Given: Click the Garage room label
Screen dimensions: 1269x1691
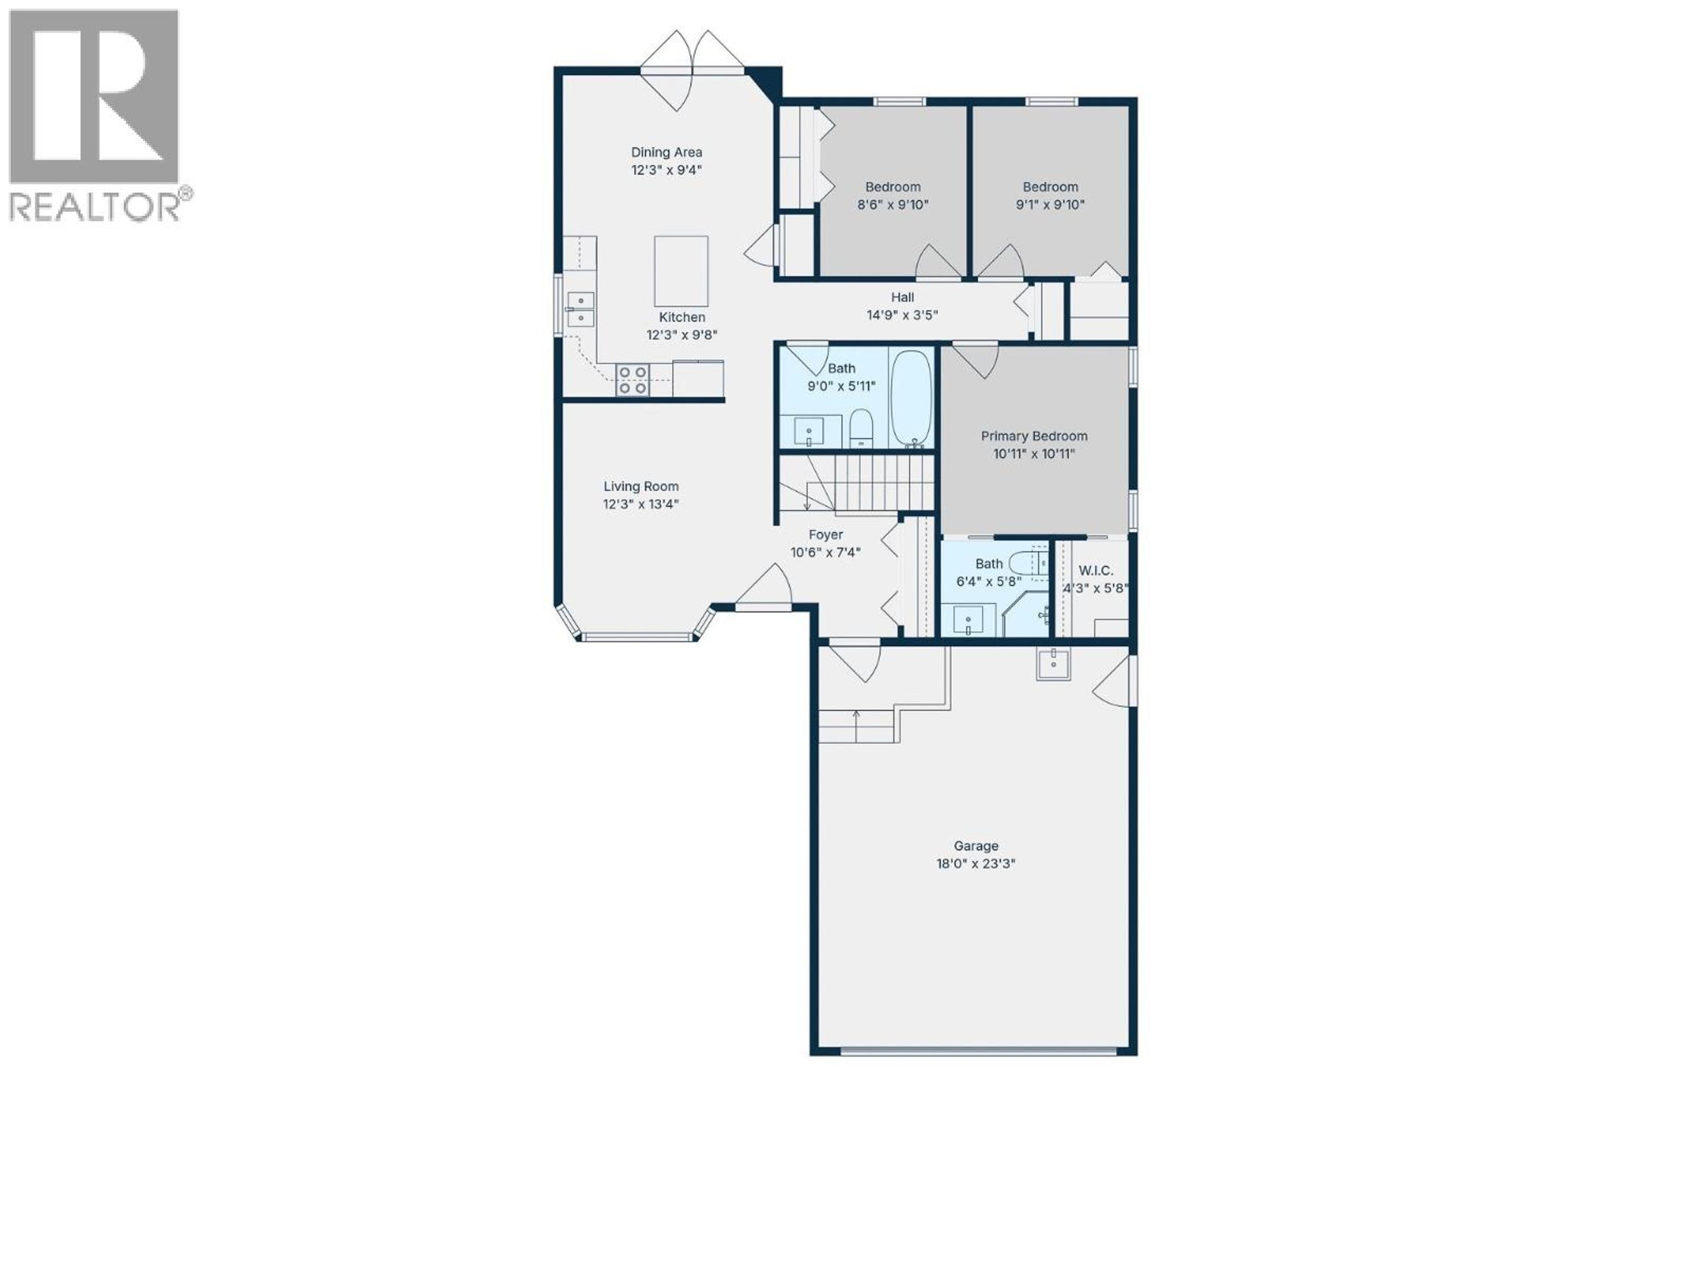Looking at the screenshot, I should point(975,846).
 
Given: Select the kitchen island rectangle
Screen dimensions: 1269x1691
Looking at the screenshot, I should point(680,271).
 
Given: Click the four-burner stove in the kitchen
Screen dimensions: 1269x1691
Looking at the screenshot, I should point(633,380).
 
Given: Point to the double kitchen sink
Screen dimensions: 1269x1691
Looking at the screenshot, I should point(580,308).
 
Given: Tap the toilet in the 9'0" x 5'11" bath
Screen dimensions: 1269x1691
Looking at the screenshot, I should point(861,428).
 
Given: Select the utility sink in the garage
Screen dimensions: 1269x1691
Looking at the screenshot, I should point(1053,663).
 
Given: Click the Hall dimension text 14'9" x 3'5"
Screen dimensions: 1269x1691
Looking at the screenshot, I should point(902,315).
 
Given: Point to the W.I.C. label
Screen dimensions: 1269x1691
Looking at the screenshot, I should point(1096,571).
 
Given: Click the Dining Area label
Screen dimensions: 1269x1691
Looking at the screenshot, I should point(666,152).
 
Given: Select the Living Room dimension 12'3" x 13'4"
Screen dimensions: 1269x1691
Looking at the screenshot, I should point(641,504).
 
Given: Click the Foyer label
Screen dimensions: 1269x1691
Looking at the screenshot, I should point(826,534).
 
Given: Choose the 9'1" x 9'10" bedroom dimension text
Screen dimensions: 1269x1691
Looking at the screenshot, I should point(1050,205).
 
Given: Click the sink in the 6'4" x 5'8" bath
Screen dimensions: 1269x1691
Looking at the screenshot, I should point(968,618).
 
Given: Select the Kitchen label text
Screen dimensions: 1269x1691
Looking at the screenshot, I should point(682,317).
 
